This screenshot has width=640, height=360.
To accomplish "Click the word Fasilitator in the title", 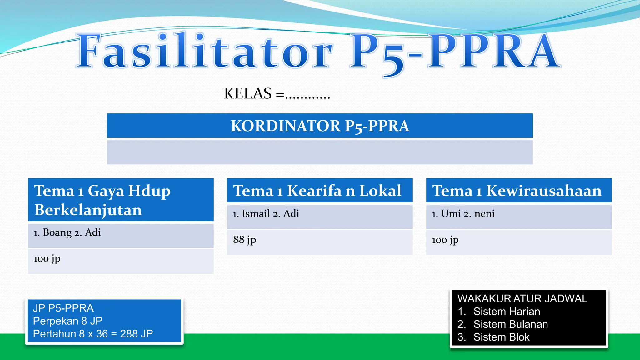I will pos(205,52).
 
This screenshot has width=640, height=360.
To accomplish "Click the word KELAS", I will pos(248,93).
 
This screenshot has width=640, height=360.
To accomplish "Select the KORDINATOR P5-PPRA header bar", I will pos(320,126).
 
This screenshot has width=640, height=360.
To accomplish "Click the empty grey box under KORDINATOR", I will pos(320,152).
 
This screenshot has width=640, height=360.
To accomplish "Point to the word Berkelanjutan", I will pos(88,210).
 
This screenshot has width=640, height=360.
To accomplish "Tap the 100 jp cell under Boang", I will pos(47,259).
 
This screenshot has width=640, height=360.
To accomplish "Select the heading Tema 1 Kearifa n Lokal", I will pos(317,191).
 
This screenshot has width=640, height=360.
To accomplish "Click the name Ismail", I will pos(256,214).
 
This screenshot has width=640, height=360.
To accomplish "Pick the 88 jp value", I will pos(244,240).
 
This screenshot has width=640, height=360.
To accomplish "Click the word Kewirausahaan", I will pos(544,191).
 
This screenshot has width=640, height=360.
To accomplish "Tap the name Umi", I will pos(451,214).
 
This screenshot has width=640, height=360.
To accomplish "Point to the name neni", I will pos(484,214).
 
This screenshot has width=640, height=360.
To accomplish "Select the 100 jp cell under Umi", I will pos(445,240).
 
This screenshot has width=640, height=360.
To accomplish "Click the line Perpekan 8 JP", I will pos(67,321).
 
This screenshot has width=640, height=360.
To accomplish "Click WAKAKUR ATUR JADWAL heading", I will pos(522,299).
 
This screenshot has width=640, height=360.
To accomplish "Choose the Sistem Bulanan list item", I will pos(510,324).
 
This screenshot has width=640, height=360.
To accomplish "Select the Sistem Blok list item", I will pos(501,337).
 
